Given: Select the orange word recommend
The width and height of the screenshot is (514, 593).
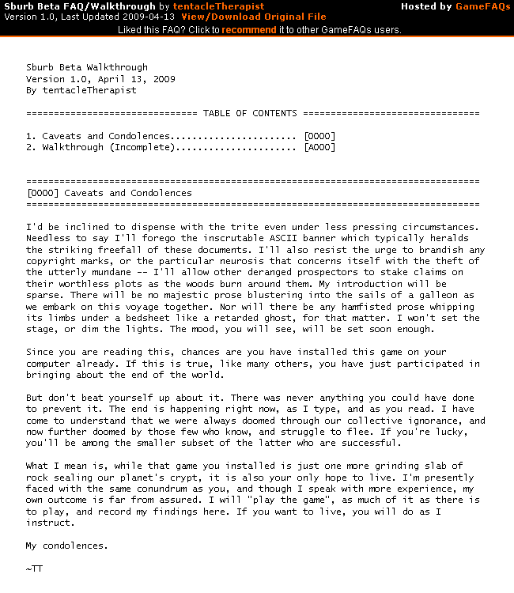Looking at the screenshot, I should click(249, 30).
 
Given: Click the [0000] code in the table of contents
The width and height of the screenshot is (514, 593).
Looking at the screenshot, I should click(319, 136).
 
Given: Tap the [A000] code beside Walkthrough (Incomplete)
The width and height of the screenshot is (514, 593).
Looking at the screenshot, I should click(319, 147).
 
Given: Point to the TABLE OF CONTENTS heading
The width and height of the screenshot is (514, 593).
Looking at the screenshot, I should click(250, 114).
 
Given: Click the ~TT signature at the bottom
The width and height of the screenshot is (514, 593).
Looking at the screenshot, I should click(34, 568).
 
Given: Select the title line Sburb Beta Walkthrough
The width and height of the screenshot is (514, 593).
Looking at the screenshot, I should click(87, 68).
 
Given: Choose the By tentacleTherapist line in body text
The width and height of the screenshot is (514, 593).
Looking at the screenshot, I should click(81, 90).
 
